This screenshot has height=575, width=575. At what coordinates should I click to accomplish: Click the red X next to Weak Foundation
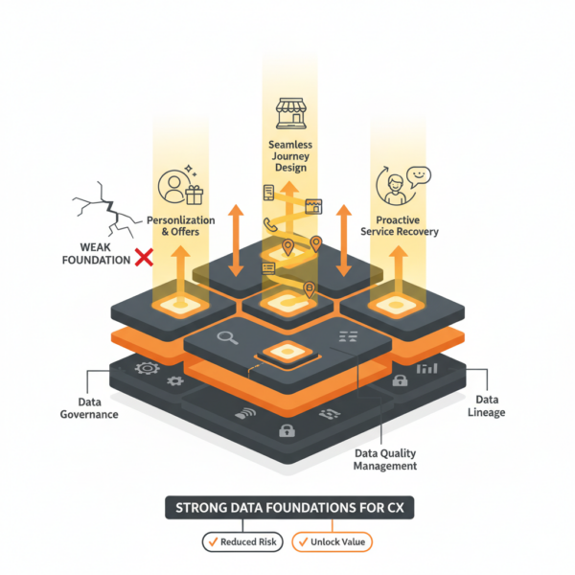click(145, 256)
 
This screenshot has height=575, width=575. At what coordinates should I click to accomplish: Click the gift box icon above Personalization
click(195, 195)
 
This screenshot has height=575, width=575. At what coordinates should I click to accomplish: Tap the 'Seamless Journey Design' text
click(287, 155)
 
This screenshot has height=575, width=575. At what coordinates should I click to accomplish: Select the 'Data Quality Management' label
click(382, 460)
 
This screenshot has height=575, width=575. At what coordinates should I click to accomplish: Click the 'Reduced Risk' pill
click(242, 542)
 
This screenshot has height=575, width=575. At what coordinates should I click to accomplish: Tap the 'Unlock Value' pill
click(331, 542)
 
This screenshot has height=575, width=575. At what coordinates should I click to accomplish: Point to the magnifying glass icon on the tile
click(228, 336)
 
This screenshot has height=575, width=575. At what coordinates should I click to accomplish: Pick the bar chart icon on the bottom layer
click(426, 367)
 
